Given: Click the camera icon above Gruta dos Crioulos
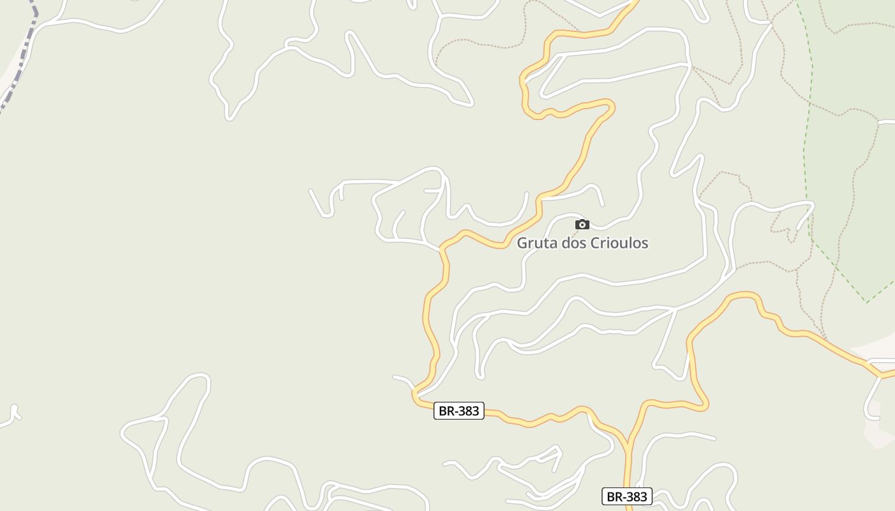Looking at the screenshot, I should point(582,224).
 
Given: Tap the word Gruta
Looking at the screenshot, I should point(534,243).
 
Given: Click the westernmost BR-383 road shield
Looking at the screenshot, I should point(459,411).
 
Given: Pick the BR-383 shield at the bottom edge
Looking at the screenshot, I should point(627,496).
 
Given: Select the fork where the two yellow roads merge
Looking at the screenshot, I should point(628,442).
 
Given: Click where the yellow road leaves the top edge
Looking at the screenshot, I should point(635,2).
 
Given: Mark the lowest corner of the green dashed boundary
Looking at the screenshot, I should point(866,301).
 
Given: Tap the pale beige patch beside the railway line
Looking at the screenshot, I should point(8,80).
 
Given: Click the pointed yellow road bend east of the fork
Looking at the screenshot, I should point(705,405).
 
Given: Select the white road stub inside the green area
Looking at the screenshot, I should point(887,121).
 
